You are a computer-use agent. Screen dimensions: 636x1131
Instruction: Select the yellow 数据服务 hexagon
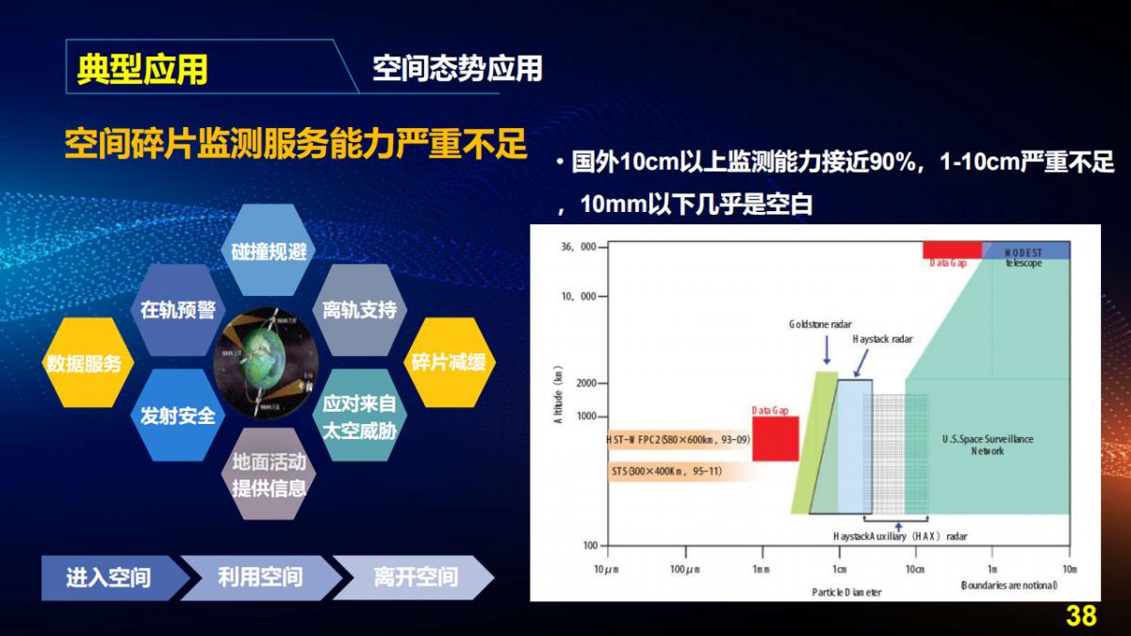[84, 363]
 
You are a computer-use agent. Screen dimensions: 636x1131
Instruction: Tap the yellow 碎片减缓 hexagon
[449, 361]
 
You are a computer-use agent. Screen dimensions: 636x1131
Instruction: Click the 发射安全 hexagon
[177, 416]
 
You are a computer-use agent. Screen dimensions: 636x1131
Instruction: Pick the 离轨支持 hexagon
[359, 310]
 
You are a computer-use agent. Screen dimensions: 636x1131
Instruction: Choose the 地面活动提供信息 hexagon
[269, 474]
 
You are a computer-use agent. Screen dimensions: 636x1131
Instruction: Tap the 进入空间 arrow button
[108, 577]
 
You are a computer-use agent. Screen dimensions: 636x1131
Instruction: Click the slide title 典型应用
[142, 70]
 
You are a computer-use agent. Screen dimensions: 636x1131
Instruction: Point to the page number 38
[1080, 616]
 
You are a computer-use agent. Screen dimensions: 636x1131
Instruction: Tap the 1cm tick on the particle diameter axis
[838, 569]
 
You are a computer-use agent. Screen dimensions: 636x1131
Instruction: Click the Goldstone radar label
[820, 324]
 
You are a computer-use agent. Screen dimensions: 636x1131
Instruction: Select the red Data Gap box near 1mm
[775, 439]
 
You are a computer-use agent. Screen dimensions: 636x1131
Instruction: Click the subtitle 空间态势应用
[457, 69]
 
